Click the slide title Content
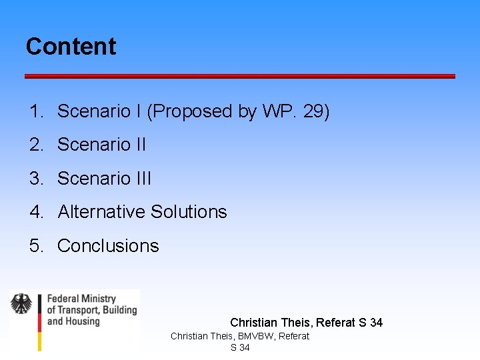(71, 47)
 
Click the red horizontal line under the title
(240, 76)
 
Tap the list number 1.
(35, 111)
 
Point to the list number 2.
(35, 145)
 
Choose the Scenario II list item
(101, 145)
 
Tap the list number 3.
(35, 179)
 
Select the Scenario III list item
(104, 179)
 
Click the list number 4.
(35, 212)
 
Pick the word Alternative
(101, 212)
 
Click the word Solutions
(189, 212)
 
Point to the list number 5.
(35, 246)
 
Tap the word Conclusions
(108, 246)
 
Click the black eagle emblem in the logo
(21, 304)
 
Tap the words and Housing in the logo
(73, 321)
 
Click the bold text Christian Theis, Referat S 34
(306, 323)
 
